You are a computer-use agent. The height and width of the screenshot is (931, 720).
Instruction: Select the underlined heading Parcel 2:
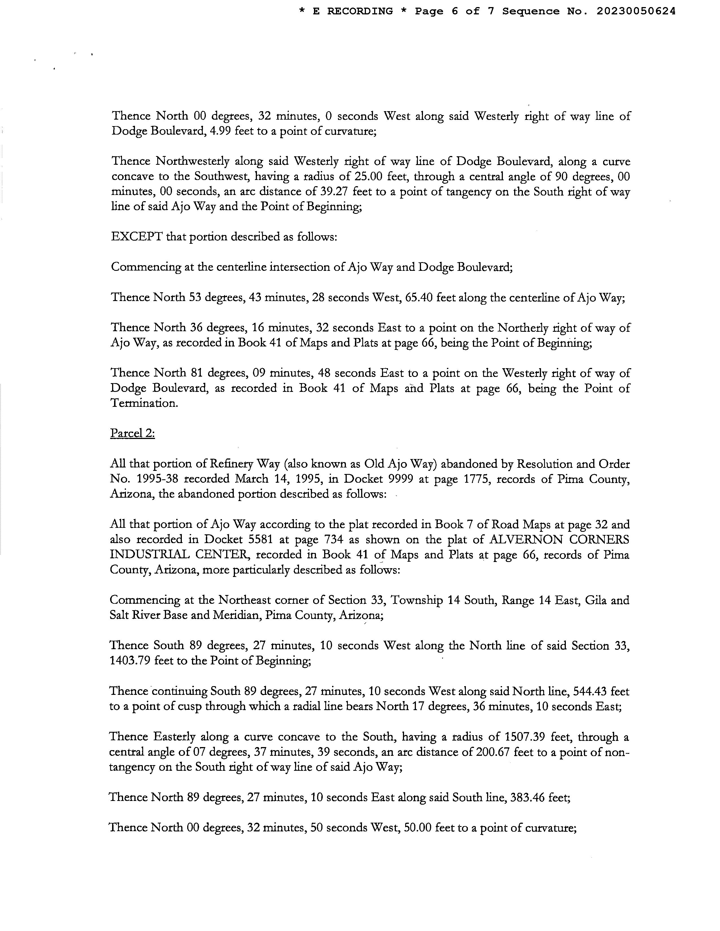tap(132, 434)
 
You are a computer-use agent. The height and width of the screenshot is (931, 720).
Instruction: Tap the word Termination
tap(144, 403)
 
